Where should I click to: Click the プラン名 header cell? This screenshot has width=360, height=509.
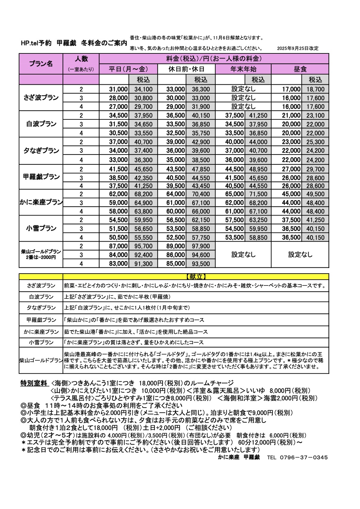41,64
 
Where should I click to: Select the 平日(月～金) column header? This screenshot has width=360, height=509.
128,69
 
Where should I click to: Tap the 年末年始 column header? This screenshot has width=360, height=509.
243,69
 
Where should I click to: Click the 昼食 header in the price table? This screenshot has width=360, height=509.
300,69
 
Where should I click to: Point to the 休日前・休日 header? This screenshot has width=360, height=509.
186,69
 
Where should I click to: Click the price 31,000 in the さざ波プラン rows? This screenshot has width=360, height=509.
118,89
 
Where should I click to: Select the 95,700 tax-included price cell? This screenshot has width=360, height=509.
143,246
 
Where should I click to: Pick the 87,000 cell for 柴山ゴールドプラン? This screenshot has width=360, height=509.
118,246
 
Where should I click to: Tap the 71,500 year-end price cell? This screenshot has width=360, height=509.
258,194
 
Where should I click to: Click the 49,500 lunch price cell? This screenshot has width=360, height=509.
315,194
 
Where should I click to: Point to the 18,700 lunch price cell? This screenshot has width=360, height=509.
315,89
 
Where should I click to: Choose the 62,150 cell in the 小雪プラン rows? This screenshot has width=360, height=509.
201,220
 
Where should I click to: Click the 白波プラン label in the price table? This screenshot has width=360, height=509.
41,124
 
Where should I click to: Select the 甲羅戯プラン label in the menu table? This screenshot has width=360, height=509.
41,320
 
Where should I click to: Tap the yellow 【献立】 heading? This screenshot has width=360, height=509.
196,277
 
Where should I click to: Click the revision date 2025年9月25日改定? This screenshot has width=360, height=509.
297,48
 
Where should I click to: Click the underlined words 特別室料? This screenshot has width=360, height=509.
34,383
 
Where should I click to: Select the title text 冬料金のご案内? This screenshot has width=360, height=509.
104,43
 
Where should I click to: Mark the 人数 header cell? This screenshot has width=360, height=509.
81,59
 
